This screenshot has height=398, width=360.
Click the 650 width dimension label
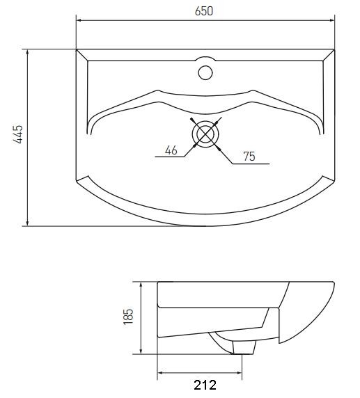pyautogui.click(x=204, y=11)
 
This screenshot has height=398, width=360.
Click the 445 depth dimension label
pyautogui.click(x=18, y=134)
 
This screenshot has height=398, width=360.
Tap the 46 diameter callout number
pyautogui.click(x=171, y=150)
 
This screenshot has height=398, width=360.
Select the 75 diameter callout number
pyautogui.click(x=249, y=157)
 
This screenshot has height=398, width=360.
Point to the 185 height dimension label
pyautogui.click(x=128, y=317)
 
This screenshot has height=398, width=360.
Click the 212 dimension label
pyautogui.click(x=205, y=385)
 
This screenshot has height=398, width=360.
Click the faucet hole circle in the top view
pyautogui.click(x=205, y=72)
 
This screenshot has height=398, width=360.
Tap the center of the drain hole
pyautogui.click(x=205, y=134)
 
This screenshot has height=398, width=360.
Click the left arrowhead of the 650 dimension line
pyautogui.click(x=79, y=21)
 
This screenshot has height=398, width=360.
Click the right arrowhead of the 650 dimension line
pyautogui.click(x=332, y=21)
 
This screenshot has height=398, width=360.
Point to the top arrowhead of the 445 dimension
pyautogui.click(x=27, y=52)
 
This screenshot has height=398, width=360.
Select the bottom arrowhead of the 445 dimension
pyautogui.click(x=27, y=223)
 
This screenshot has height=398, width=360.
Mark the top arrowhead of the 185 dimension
pyautogui.click(x=141, y=285)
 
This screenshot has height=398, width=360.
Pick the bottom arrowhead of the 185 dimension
pyautogui.click(x=141, y=351)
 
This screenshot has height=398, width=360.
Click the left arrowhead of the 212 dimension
pyautogui.click(x=160, y=373)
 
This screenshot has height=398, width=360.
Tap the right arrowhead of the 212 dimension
pyautogui.click(x=239, y=373)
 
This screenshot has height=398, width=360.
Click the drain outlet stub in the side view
pyautogui.click(x=244, y=347)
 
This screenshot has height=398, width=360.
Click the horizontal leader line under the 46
pyautogui.click(x=169, y=157)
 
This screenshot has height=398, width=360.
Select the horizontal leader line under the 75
pyautogui.click(x=251, y=164)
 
